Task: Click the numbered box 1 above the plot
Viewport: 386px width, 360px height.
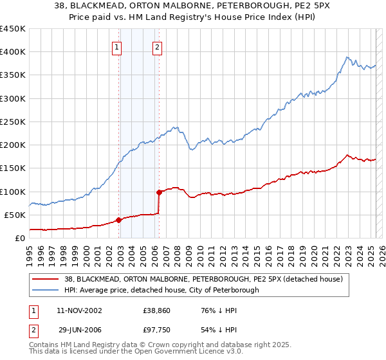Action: tap(116, 46)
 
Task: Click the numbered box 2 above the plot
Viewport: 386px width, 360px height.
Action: tap(157, 46)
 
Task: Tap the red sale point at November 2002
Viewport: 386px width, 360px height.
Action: tap(119, 220)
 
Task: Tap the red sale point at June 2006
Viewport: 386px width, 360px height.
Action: tap(159, 192)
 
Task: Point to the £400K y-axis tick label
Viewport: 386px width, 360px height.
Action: tap(13, 52)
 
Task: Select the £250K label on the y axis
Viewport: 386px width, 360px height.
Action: tap(13, 122)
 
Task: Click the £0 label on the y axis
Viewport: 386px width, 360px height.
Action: tap(19, 238)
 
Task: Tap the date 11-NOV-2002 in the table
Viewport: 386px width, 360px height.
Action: tap(79, 310)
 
